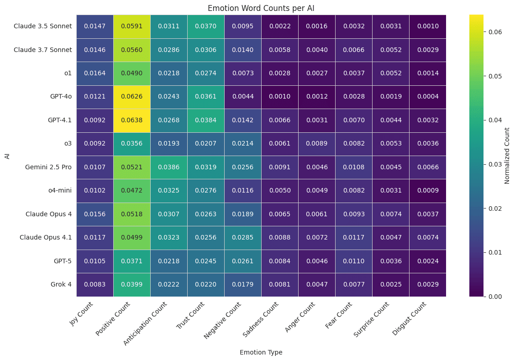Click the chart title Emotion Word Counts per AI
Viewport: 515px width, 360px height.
tap(261, 8)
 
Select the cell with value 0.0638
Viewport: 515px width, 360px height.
tap(132, 120)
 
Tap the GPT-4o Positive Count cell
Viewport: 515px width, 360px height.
tap(132, 97)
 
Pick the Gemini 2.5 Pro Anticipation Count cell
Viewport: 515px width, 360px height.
tap(169, 167)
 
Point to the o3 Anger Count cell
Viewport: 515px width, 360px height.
tap(317, 144)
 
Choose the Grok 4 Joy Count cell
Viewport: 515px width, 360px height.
tap(95, 284)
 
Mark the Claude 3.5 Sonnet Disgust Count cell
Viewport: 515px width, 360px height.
tap(428, 26)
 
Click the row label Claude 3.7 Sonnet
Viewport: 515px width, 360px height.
tap(43, 50)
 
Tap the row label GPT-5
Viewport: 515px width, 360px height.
tap(62, 261)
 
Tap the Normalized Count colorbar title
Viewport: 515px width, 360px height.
tap(507, 156)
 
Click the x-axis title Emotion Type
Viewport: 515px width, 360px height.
tap(261, 352)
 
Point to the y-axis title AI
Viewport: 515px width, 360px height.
tap(7, 156)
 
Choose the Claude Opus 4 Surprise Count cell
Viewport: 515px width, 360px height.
tap(391, 214)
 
